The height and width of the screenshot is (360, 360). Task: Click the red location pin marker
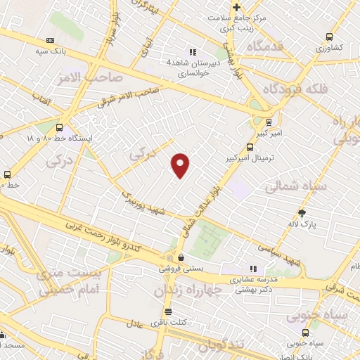(181, 165)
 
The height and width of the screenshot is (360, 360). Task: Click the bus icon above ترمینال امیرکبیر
(250, 148)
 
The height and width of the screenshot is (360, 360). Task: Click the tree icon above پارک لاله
(302, 212)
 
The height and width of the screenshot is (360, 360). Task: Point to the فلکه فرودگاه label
(294, 89)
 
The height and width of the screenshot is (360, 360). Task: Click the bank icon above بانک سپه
(49, 41)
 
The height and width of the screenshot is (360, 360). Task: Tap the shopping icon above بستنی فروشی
(181, 257)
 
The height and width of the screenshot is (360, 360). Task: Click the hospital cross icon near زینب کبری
(236, 7)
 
